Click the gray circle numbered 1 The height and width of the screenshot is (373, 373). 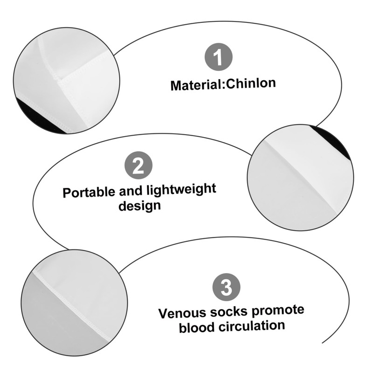point(218,58)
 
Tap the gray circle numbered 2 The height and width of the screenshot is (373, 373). point(138,166)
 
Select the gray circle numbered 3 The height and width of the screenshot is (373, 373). point(226,287)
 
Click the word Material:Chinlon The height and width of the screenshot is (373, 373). point(223,84)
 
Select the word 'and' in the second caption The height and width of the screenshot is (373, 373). point(131,191)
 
